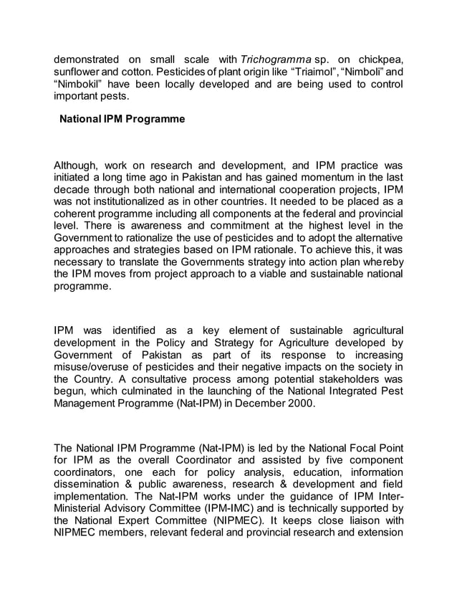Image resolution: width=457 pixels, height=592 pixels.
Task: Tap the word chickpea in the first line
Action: (x=379, y=58)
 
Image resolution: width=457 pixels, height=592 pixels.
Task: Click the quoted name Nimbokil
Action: (x=79, y=84)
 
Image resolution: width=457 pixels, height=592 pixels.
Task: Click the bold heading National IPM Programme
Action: (x=122, y=119)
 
